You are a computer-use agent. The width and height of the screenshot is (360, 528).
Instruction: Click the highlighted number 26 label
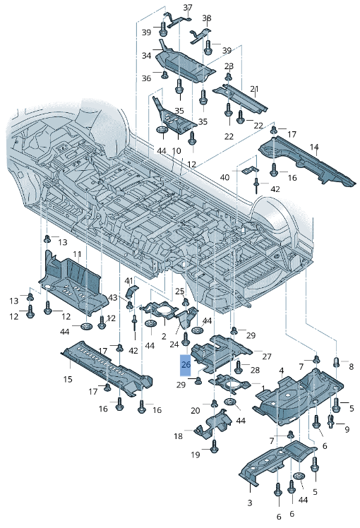(186, 365)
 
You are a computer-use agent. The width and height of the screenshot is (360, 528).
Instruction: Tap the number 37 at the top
(188, 7)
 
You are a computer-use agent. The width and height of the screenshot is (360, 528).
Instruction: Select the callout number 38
(207, 18)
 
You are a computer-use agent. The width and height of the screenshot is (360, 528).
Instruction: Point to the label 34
(147, 55)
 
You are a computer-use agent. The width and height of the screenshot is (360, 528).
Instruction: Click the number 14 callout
(314, 147)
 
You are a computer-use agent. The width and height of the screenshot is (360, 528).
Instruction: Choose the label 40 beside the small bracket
(224, 177)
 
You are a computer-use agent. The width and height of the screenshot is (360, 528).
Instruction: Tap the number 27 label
(267, 356)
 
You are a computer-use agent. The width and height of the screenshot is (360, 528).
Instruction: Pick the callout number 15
(68, 379)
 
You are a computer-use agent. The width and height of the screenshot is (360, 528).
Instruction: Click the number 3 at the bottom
(250, 503)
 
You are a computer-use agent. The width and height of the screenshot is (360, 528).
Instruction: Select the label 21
(254, 89)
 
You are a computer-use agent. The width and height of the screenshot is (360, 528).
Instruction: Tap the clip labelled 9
(330, 420)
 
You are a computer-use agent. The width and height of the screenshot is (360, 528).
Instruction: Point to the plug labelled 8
(337, 363)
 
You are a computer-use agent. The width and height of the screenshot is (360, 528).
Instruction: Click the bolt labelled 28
(239, 366)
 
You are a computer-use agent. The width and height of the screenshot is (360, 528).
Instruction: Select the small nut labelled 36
(164, 74)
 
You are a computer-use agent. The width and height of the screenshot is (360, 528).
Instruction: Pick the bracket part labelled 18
(213, 424)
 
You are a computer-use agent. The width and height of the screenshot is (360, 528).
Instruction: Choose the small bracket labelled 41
(132, 292)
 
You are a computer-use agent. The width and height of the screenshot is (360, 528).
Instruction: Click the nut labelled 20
(214, 403)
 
